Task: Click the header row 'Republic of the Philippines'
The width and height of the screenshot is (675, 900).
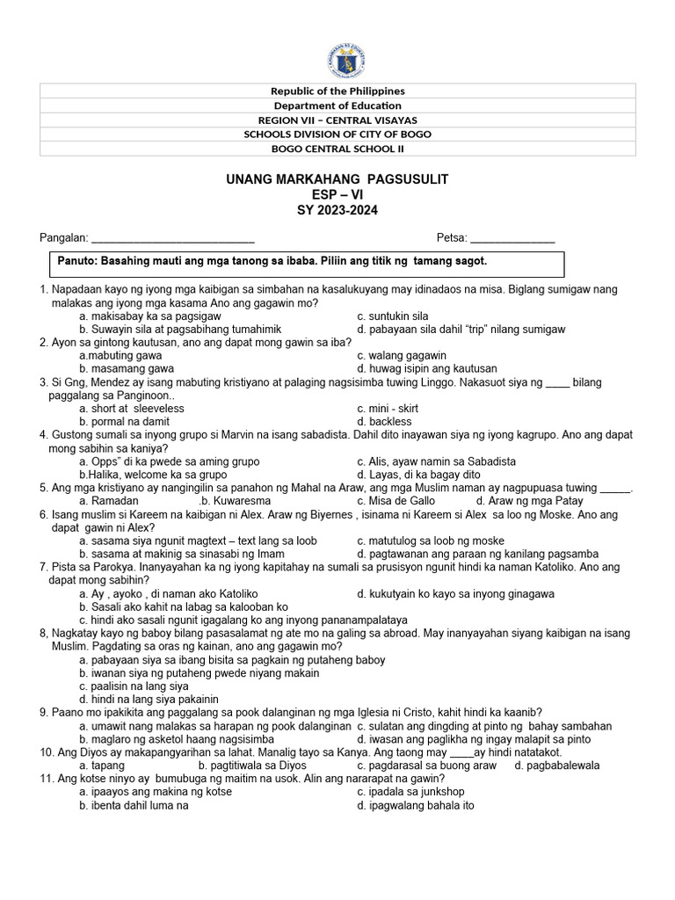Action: coord(338,91)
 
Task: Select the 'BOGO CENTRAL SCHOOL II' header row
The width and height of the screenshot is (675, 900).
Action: coord(338,149)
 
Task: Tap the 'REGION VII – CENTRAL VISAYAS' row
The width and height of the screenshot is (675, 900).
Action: coord(338,120)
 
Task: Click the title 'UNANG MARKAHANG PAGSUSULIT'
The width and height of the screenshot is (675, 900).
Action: coord(338,179)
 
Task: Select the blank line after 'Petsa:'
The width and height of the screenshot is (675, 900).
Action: coord(512,238)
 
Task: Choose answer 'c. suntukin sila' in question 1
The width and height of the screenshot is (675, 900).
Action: coord(393,316)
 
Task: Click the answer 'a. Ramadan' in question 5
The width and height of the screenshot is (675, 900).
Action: coord(110,500)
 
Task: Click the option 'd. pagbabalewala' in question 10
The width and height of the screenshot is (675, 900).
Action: coord(557,766)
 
